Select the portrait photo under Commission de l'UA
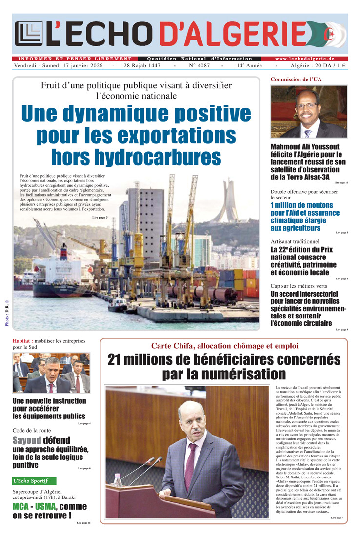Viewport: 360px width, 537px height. [x=309, y=112]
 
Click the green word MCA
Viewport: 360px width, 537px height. [x=22, y=506]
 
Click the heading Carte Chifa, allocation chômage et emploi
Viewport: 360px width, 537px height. [x=224, y=346]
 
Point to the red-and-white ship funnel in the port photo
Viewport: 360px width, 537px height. [x=63, y=252]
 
